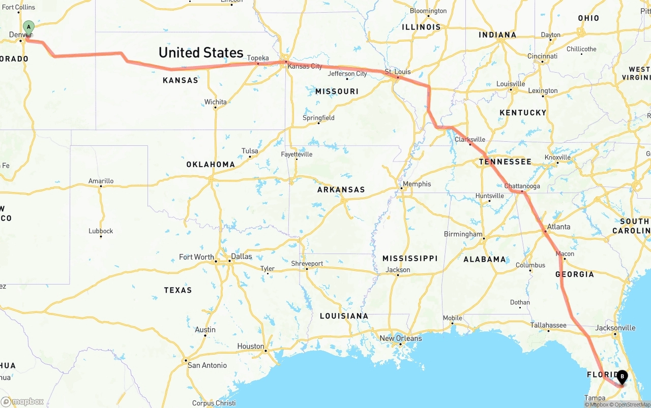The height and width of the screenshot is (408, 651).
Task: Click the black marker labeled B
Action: coord(622,377)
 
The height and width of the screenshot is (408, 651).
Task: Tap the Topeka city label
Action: coord(258,58)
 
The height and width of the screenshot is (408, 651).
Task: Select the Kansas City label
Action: coord(305,67)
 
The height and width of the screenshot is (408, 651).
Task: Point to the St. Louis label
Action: coord(398,72)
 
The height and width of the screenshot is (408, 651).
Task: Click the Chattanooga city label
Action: coord(522,186)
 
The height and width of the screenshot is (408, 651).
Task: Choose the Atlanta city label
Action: coord(558,227)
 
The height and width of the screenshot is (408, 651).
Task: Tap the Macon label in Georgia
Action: coord(565,254)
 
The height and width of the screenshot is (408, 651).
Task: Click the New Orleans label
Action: coord(401,338)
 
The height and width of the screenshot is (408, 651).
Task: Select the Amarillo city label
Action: coord(101,181)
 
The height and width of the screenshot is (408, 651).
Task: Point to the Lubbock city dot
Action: coord(101,237)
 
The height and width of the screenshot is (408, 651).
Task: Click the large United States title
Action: coord(201,53)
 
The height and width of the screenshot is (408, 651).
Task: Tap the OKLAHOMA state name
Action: coord(211,165)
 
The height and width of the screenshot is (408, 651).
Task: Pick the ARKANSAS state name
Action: coord(341,190)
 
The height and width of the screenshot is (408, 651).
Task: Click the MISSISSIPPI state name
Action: coord(410,258)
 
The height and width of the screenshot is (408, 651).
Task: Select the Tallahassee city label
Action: coord(548,325)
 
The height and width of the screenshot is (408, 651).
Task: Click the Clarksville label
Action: coord(470,139)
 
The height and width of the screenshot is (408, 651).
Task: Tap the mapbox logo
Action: coord(22,401)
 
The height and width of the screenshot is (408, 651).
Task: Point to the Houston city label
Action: coord(251,347)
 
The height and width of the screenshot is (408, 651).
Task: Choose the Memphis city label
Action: coord(417,184)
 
